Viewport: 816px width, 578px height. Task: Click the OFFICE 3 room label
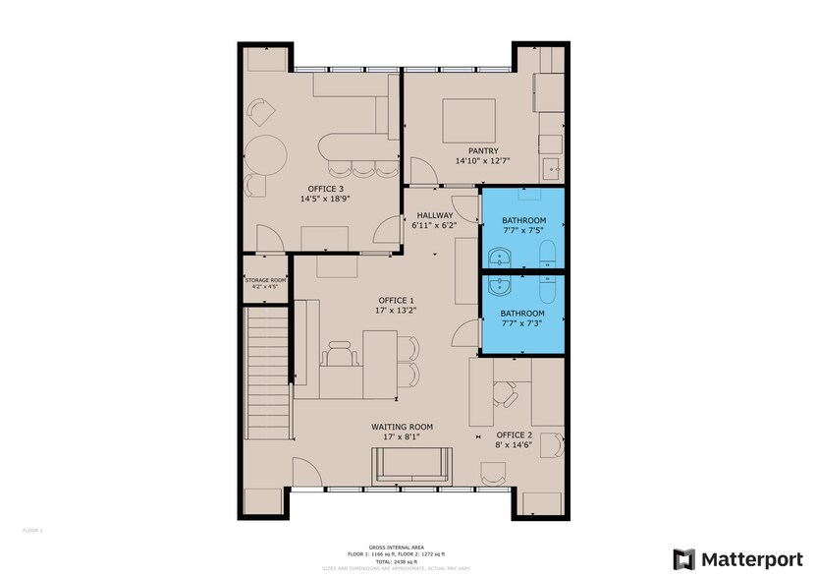click(x=326, y=189)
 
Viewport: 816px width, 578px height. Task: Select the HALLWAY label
click(x=434, y=215)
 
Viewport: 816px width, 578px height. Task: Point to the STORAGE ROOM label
click(x=265, y=281)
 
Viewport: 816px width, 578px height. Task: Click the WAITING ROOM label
click(x=402, y=427)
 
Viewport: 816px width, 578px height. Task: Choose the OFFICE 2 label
click(x=514, y=434)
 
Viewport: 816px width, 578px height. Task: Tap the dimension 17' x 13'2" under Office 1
click(x=398, y=311)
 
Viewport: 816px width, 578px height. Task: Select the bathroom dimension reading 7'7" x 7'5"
click(x=523, y=231)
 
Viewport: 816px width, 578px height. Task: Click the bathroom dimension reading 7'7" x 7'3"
click(x=523, y=324)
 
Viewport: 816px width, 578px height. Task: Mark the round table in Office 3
click(x=265, y=154)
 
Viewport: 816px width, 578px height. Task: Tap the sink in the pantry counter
click(x=554, y=166)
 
